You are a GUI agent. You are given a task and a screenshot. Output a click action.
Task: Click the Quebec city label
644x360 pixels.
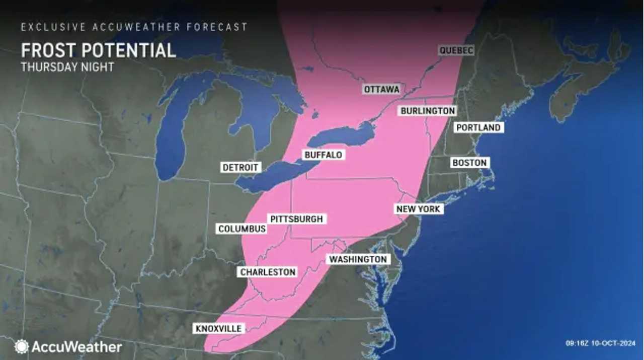pyautogui.click(x=456, y=50)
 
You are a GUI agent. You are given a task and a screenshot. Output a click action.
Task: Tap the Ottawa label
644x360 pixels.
pyautogui.click(x=381, y=89)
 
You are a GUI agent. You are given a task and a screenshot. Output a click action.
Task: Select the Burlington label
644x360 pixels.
pyautogui.click(x=428, y=111)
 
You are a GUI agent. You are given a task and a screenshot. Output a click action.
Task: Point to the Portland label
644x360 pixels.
pyautogui.click(x=478, y=128)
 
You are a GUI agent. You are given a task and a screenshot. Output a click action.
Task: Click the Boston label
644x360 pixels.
pyautogui.click(x=469, y=163)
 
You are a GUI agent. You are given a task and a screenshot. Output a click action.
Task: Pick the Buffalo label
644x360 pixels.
pyautogui.click(x=324, y=155)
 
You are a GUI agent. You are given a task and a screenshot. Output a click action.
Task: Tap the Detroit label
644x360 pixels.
pyautogui.click(x=240, y=167)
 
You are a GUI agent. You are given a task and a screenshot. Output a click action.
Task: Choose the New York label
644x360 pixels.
pyautogui.click(x=418, y=209)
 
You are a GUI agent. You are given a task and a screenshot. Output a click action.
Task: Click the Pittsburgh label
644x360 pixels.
pyautogui.click(x=296, y=219)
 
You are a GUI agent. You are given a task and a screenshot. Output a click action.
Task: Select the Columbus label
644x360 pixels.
pyautogui.click(x=242, y=229)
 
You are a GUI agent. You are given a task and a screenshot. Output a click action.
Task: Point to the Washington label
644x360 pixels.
pyautogui.click(x=358, y=259)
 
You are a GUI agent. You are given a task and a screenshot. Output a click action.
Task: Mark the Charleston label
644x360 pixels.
pyautogui.click(x=267, y=272)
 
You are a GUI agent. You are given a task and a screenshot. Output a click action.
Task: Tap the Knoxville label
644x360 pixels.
pyautogui.click(x=219, y=329)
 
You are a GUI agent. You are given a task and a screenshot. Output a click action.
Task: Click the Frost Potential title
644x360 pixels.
pyautogui.click(x=98, y=50)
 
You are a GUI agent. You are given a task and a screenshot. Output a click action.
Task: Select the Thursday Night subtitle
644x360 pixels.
pyautogui.click(x=67, y=67)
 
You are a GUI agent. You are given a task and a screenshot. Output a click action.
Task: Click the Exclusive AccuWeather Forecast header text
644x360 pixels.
pyautogui.click(x=134, y=27)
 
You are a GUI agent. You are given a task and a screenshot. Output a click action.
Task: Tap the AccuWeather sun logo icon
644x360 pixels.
pyautogui.click(x=22, y=346)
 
